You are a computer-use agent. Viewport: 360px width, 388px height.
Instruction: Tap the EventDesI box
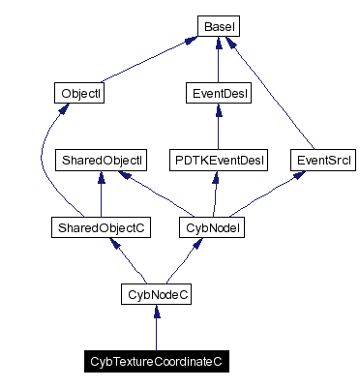click(x=218, y=94)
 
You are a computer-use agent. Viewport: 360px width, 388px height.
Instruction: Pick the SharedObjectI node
click(x=102, y=159)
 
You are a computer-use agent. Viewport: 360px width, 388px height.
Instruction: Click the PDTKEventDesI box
click(x=218, y=159)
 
